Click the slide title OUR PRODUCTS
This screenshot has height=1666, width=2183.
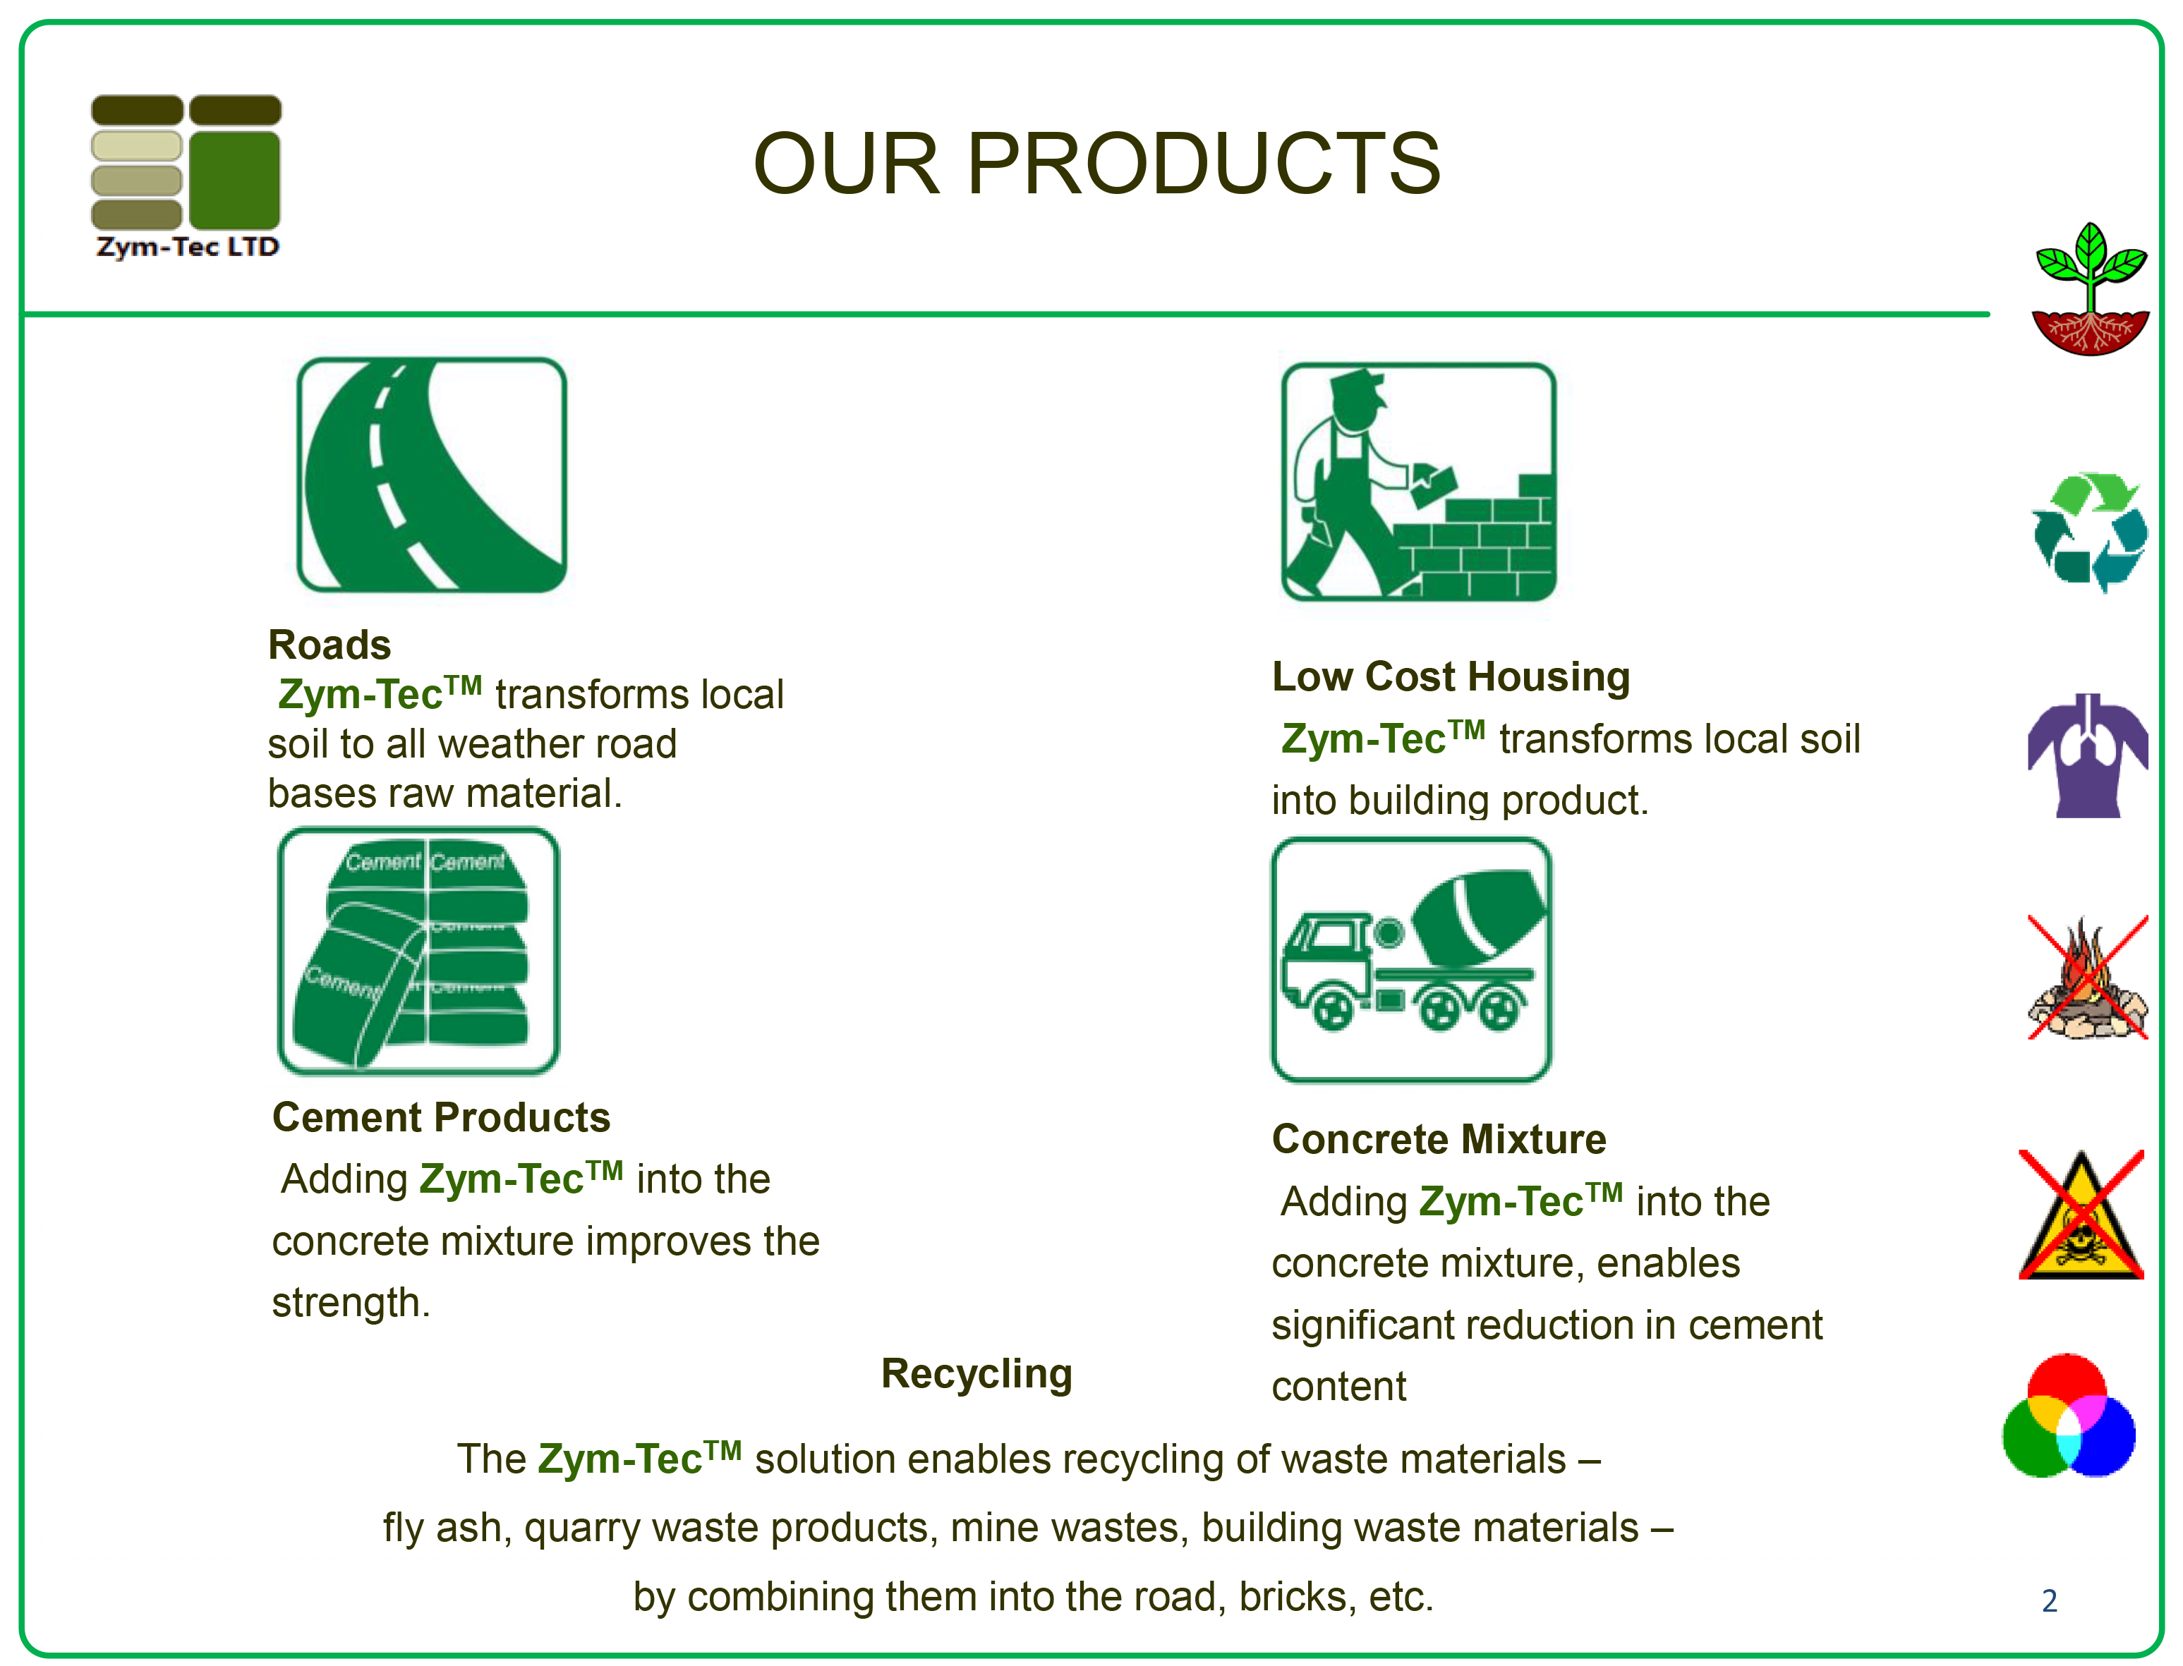click(x=1097, y=163)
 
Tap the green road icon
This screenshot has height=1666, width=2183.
click(x=431, y=475)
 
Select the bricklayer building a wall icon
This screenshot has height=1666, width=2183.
click(x=1418, y=482)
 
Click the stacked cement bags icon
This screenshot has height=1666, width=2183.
click(x=418, y=951)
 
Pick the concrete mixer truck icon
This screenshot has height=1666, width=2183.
click(x=1411, y=960)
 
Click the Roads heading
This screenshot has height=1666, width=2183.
click(x=329, y=645)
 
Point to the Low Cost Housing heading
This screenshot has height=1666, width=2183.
click(x=1451, y=677)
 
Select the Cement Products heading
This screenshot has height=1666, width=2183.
click(x=442, y=1118)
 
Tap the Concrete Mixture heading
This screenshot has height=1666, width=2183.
click(x=1439, y=1139)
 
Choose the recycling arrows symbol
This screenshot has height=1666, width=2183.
click(x=2090, y=533)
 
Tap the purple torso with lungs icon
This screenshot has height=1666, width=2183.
click(x=2088, y=755)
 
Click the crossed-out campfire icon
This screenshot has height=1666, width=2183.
click(x=2088, y=978)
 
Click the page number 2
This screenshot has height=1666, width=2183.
click(x=2049, y=1600)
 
